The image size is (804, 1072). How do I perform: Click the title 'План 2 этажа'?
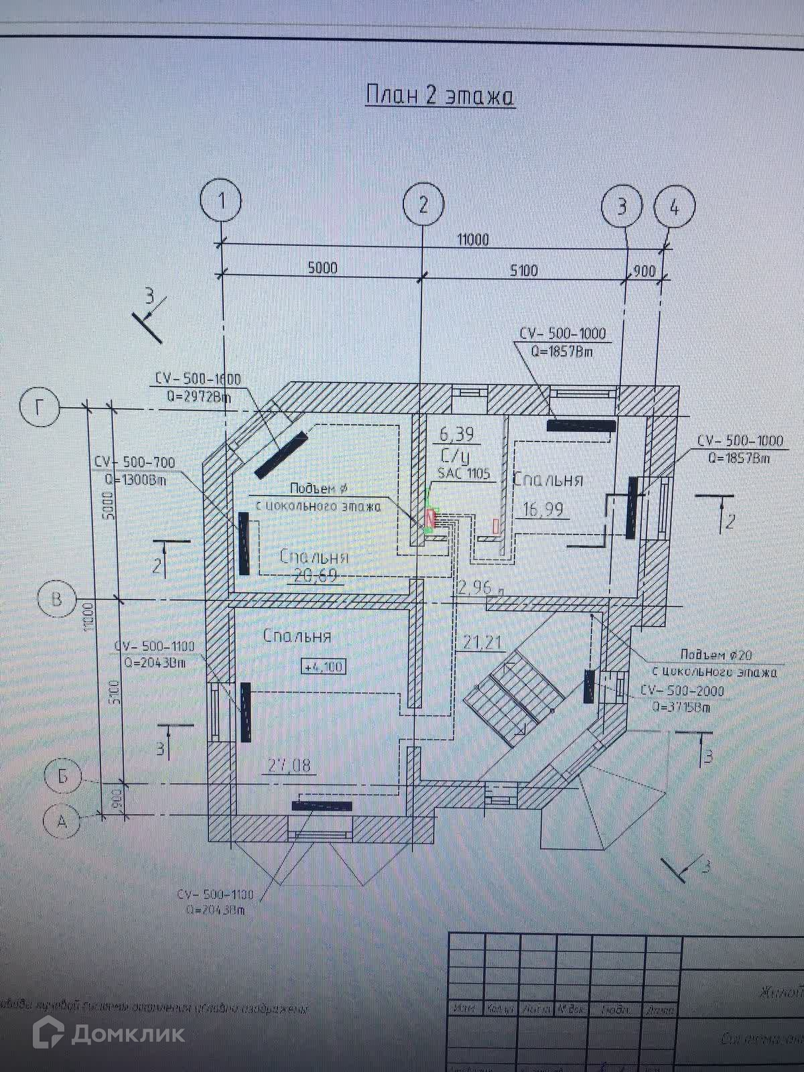pos(440,96)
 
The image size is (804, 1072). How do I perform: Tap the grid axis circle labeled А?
pos(62,821)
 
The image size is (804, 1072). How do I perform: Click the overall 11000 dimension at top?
pos(473,239)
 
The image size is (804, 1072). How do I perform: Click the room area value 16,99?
pos(542,510)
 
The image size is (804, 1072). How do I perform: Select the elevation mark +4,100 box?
pos(324,667)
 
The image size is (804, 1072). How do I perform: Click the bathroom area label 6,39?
pos(456,435)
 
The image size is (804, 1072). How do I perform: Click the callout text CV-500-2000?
pos(682,690)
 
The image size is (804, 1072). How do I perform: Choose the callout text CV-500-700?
pos(134,462)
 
